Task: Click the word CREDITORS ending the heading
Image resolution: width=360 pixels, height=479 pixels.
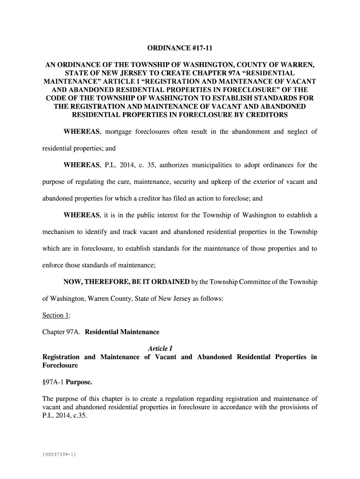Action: click(262, 115)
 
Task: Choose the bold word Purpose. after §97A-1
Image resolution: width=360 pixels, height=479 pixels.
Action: click(79, 382)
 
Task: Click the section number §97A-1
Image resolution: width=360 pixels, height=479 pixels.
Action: click(53, 382)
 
